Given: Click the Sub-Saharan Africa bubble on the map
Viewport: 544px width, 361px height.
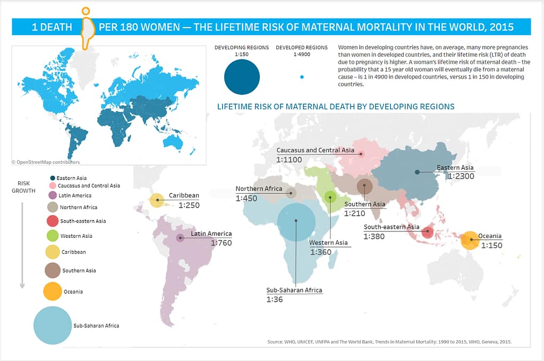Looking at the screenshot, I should coord(296,222).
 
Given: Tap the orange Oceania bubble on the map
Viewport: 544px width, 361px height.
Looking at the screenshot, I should coord(470,240).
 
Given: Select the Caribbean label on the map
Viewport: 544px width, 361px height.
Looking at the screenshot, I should coord(184,195).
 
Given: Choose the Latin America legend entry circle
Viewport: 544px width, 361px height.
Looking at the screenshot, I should coord(52,195).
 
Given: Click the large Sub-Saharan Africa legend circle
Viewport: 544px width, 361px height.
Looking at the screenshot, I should coord(53,325).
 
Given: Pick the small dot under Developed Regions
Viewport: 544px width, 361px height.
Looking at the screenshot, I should coord(302,77).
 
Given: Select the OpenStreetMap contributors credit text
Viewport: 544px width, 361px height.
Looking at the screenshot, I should coord(46,162).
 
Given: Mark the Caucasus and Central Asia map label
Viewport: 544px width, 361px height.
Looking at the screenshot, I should coord(315,150).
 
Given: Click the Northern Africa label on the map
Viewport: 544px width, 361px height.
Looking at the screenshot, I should coord(259,189).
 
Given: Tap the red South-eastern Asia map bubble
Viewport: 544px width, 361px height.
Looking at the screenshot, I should coord(428,232).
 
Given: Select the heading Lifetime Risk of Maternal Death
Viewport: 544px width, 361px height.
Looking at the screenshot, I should coord(336,107).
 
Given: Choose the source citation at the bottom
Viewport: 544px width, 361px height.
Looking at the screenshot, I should coord(389,342).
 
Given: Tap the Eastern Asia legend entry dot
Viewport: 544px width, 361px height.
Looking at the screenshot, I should coord(52,178).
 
